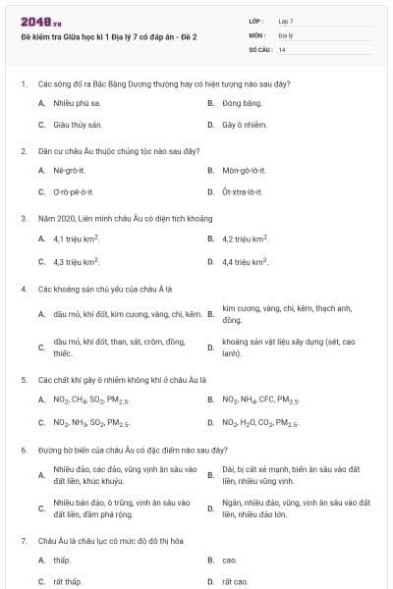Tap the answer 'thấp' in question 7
(x=62, y=560)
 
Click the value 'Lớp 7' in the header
(x=286, y=20)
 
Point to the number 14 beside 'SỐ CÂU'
(x=282, y=48)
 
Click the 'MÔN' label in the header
(x=256, y=34)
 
